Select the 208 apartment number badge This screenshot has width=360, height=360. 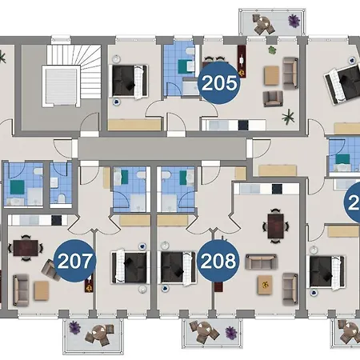(218, 261)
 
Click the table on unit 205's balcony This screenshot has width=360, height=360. (262, 25)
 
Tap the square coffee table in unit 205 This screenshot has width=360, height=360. (270, 74)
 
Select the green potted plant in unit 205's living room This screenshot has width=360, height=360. (286, 117)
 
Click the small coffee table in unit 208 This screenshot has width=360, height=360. (262, 283)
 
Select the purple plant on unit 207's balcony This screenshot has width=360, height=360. (74, 326)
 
